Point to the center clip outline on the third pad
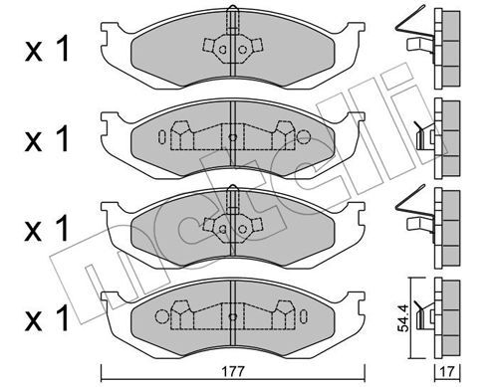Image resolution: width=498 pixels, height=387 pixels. point(231,223)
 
